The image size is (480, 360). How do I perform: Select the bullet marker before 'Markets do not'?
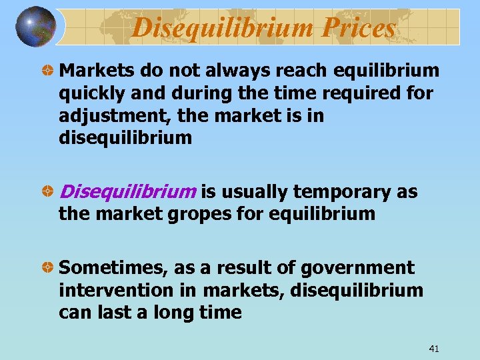(x=48, y=70)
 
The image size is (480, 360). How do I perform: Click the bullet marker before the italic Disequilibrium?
(x=48, y=192)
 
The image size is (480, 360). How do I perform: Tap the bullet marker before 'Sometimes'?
(x=48, y=268)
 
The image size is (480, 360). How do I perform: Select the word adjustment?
(x=115, y=116)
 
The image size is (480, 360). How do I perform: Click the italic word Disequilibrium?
(x=127, y=192)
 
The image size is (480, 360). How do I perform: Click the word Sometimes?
(x=113, y=268)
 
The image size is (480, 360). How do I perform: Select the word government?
(x=357, y=268)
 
